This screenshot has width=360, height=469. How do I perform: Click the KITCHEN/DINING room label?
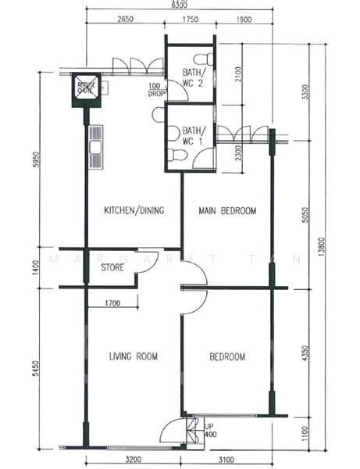click(134, 209)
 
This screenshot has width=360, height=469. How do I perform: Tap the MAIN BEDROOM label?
click(227, 209)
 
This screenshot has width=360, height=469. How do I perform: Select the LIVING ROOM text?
click(133, 356)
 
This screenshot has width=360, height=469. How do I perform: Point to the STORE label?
click(113, 268)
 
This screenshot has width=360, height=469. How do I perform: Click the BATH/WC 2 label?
click(188, 76)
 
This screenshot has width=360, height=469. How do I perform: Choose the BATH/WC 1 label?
click(188, 136)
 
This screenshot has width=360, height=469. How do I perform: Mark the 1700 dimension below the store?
click(110, 302)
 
